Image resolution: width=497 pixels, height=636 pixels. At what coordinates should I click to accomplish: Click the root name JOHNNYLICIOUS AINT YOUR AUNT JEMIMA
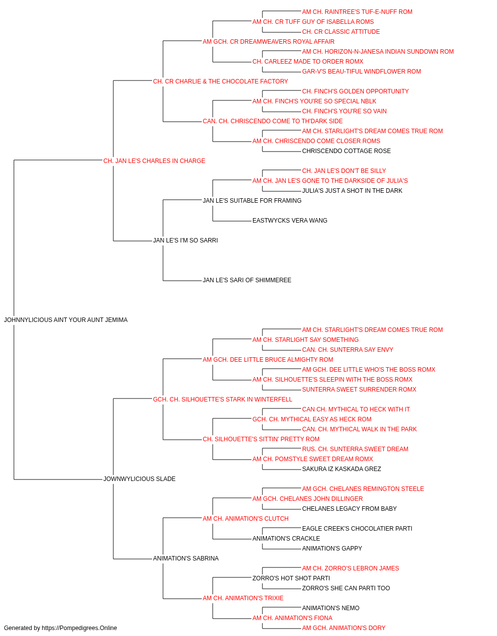click(66, 320)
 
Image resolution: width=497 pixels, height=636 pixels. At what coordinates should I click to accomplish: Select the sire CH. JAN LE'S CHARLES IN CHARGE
click(154, 161)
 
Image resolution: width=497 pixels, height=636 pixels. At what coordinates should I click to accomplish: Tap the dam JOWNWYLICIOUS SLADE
click(139, 479)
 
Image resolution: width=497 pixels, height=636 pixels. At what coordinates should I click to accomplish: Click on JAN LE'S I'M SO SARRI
click(185, 240)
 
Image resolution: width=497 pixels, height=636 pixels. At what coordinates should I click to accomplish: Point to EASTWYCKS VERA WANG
click(290, 221)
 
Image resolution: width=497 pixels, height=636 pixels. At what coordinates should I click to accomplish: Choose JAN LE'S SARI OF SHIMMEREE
click(247, 280)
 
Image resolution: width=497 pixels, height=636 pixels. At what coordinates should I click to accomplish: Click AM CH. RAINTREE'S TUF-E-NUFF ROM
click(357, 12)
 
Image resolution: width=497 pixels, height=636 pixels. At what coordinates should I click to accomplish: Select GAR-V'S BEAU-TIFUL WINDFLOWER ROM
click(361, 72)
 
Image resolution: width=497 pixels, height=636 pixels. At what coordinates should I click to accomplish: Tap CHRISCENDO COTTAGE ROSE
click(346, 151)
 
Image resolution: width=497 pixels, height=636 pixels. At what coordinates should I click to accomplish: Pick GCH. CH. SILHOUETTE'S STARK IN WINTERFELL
click(223, 399)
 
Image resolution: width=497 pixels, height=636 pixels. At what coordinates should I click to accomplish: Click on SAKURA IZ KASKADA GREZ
click(341, 469)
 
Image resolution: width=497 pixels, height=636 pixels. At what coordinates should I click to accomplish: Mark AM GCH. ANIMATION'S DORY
click(343, 628)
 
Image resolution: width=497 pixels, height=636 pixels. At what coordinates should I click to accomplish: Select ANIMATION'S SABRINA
click(186, 558)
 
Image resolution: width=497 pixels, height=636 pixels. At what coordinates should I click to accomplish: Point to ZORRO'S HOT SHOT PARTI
click(291, 578)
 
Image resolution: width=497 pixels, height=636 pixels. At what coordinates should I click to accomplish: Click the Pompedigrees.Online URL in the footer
click(79, 628)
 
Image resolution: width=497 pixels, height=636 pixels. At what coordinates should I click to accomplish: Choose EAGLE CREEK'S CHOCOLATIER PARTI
click(357, 529)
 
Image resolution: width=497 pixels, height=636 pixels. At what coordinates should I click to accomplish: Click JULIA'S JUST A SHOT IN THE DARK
click(352, 191)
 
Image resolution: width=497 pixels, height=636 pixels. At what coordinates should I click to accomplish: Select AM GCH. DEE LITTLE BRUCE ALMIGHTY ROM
click(268, 360)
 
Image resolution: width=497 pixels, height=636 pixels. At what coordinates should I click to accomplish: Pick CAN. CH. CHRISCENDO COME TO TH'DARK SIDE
click(273, 121)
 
